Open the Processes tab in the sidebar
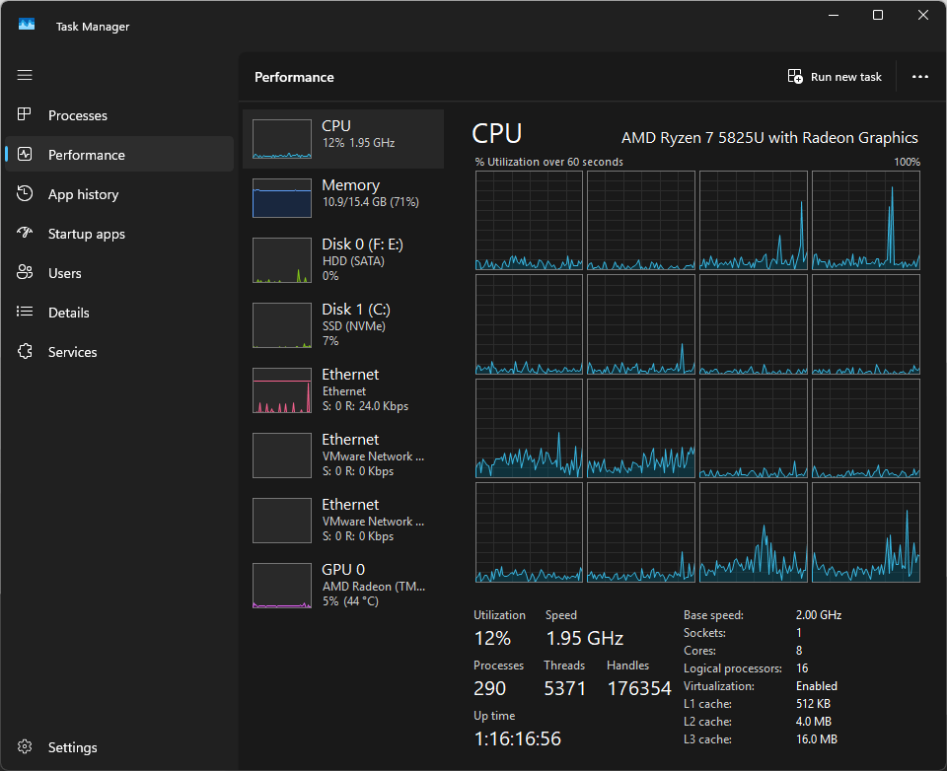click(77, 115)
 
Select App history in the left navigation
click(83, 194)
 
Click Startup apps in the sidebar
click(87, 234)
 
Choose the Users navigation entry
click(65, 273)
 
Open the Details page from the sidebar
click(69, 313)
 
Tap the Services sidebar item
click(72, 352)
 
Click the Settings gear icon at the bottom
click(25, 747)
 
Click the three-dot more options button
click(919, 77)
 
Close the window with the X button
click(923, 15)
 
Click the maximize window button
click(878, 15)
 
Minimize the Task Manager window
click(834, 15)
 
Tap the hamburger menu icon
click(25, 75)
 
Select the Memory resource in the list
click(343, 197)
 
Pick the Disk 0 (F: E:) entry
click(343, 259)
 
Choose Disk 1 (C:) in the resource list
click(343, 324)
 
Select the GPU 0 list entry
click(343, 585)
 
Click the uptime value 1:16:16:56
click(518, 738)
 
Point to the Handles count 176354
click(639, 688)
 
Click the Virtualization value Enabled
click(817, 686)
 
